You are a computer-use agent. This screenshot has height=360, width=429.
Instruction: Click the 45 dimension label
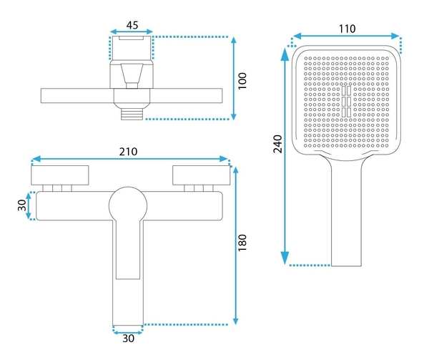click(x=132, y=25)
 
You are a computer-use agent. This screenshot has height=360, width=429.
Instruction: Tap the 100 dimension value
click(x=242, y=81)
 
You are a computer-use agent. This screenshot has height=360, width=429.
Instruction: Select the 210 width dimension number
click(x=128, y=152)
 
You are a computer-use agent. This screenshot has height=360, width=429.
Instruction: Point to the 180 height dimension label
click(x=242, y=243)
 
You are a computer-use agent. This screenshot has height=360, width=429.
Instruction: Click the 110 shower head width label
click(x=347, y=29)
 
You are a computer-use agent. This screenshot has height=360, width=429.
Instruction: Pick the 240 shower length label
click(x=277, y=144)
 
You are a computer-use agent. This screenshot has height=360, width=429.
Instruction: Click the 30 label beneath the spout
click(x=128, y=339)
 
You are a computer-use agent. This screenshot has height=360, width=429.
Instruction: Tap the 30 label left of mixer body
click(x=22, y=205)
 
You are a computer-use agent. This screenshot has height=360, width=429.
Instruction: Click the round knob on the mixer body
click(x=128, y=205)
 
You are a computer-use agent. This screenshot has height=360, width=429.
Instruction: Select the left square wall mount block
click(x=60, y=175)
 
